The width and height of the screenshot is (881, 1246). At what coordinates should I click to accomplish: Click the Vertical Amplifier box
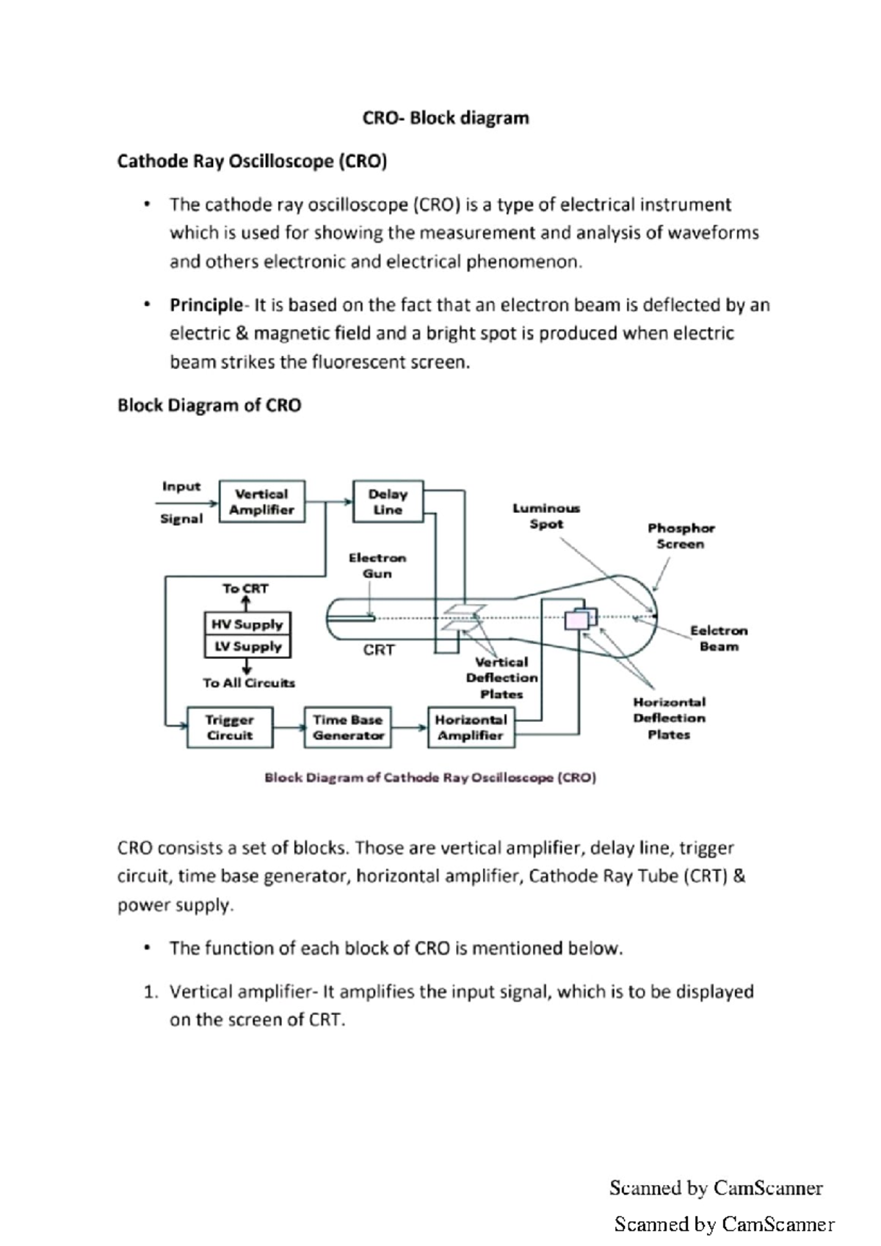[261, 502]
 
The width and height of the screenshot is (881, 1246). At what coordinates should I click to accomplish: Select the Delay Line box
[388, 502]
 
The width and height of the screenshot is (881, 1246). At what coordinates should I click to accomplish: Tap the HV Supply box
[247, 624]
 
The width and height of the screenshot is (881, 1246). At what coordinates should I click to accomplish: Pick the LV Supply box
[247, 646]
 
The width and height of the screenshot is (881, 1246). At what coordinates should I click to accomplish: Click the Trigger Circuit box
[230, 727]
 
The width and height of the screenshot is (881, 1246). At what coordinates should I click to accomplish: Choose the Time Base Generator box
[347, 727]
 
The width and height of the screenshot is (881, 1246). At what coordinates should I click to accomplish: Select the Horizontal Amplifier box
[471, 727]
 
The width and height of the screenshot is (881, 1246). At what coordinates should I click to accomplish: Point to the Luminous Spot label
[546, 516]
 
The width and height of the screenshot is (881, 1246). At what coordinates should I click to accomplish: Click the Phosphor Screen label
[681, 536]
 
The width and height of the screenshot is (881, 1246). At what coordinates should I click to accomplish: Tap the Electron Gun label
[377, 566]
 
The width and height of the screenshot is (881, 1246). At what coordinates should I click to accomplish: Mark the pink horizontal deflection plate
[577, 621]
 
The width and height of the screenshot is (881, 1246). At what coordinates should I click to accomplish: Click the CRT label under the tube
[379, 650]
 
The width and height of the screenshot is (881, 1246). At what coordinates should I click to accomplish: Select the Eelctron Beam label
[718, 638]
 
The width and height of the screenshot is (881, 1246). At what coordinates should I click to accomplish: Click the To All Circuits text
[249, 683]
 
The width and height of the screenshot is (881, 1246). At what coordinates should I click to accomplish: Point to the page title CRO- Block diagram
[445, 118]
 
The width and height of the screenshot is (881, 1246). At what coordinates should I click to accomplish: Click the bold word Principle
[206, 305]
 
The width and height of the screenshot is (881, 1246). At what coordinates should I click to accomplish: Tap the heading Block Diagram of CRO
[209, 405]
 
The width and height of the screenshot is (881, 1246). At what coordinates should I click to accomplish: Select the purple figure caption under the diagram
[430, 778]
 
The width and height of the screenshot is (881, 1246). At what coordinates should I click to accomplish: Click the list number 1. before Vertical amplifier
[151, 992]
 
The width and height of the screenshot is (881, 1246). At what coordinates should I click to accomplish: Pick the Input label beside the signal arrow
[181, 487]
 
